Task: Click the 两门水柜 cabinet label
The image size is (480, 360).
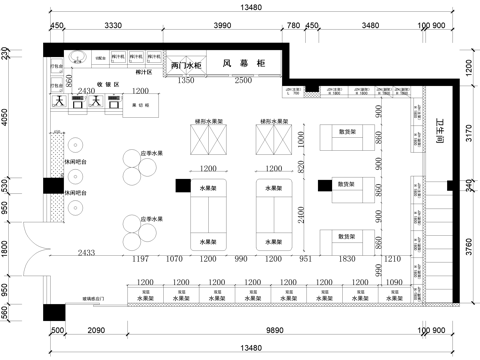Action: click(187, 66)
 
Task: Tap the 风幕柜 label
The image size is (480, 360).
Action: click(244, 64)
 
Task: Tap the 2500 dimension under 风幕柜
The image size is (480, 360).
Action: click(243, 79)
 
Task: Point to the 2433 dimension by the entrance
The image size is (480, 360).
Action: click(86, 252)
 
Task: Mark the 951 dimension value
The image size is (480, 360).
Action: click(305, 259)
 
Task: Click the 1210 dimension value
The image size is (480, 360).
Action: click(391, 259)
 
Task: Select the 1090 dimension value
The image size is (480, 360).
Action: click(394, 283)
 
